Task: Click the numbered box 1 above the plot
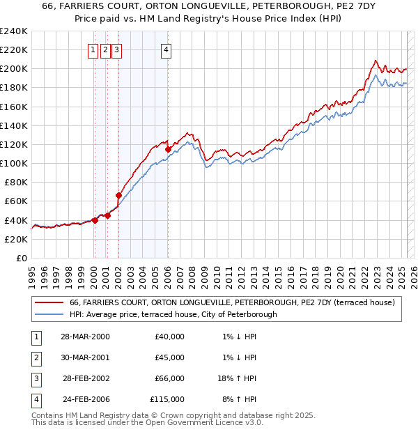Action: click(93, 49)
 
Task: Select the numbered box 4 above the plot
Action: click(167, 49)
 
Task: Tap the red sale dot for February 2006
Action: click(168, 149)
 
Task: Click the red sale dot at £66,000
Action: click(118, 196)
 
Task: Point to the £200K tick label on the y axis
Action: click(14, 68)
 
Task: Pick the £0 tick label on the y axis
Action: click(22, 258)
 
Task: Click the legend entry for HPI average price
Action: click(173, 314)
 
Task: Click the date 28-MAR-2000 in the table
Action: click(85, 337)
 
